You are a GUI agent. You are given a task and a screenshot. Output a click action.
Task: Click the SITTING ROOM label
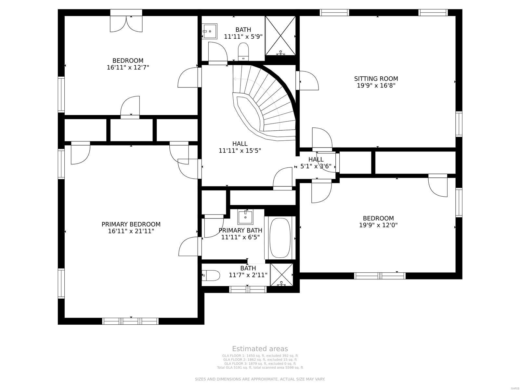click(376, 79)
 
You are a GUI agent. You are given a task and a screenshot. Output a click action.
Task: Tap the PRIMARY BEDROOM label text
click(131, 224)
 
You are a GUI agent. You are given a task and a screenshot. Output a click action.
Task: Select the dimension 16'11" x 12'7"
click(128, 68)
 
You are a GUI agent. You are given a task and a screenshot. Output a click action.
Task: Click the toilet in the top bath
click(243, 52)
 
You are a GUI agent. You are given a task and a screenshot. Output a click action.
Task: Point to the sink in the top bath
click(210, 32)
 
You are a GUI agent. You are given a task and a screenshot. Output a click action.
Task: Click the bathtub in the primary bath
click(280, 238)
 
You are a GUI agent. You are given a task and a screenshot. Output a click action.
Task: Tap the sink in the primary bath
click(245, 217)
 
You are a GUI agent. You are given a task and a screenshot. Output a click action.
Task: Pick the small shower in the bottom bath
click(281, 275)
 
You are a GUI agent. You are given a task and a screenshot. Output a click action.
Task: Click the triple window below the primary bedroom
click(131, 321)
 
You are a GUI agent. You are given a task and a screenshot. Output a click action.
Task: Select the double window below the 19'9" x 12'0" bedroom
click(380, 276)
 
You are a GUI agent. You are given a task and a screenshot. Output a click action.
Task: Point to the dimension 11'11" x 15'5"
click(240, 151)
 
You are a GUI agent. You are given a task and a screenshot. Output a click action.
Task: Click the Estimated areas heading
click(260, 349)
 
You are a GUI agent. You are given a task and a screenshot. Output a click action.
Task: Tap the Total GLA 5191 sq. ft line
click(260, 368)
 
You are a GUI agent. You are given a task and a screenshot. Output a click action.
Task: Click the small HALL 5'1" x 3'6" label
click(316, 163)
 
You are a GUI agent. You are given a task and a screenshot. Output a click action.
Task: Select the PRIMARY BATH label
click(240, 230)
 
